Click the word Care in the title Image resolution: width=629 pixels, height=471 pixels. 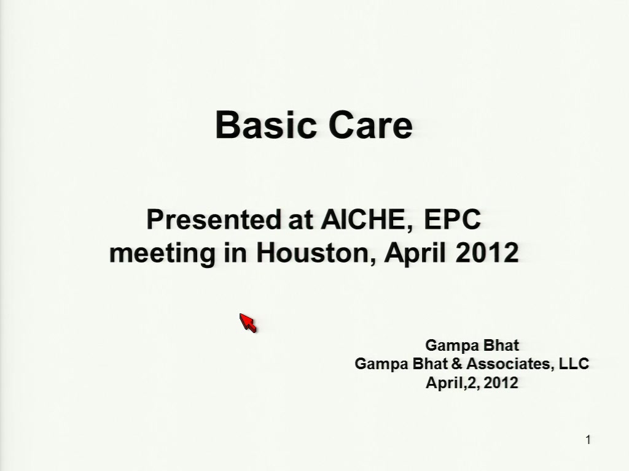point(370,124)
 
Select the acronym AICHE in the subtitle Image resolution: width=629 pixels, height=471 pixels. point(367,220)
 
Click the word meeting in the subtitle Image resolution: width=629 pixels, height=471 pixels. point(162,253)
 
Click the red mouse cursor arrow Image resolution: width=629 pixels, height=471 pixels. point(248,323)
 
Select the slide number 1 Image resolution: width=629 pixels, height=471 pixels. point(588,440)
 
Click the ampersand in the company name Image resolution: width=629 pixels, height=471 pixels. point(457,364)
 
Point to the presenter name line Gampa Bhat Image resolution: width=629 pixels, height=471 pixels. point(472,345)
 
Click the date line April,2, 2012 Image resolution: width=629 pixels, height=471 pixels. point(472,383)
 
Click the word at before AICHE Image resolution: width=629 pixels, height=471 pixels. point(300,220)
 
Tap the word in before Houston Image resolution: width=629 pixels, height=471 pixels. point(235,253)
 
